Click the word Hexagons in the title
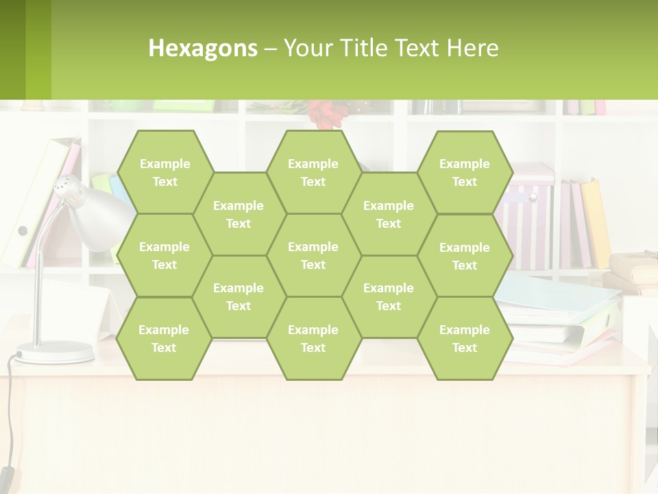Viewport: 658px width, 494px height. coord(203,48)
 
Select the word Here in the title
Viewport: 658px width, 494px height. coord(472,48)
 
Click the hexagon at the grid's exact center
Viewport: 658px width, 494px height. coord(313,255)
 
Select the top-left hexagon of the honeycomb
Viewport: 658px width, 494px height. coord(164,172)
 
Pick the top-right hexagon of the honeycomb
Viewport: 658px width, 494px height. coord(465,172)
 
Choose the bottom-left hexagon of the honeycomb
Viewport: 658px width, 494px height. coord(164,338)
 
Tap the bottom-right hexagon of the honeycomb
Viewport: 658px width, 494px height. coord(465,338)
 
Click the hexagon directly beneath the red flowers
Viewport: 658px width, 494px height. coord(313,172)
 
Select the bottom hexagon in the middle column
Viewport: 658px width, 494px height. coord(313,338)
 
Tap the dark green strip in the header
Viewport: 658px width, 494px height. coord(12,49)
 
